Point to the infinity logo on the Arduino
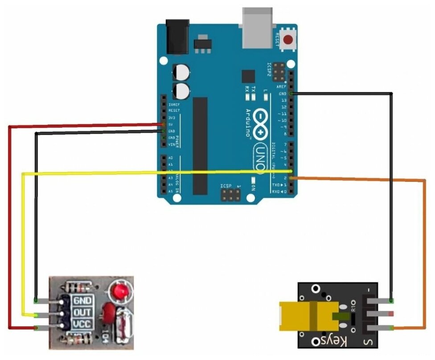(259, 120)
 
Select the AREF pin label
(281, 87)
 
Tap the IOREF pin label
(174, 104)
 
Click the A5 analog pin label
(171, 191)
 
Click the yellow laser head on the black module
(303, 315)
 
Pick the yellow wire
(134, 173)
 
